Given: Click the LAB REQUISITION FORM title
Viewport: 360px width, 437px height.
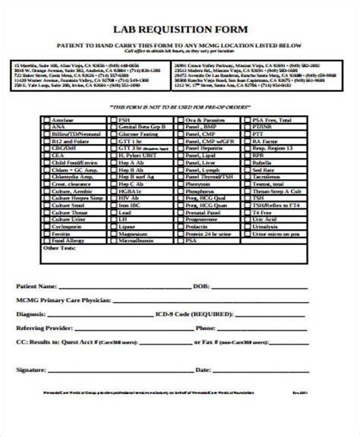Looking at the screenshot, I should click(x=179, y=31).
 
